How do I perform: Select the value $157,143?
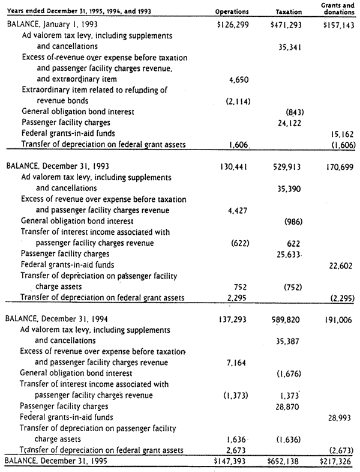[339, 26]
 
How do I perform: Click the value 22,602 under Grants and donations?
[343, 265]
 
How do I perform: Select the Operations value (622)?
[240, 243]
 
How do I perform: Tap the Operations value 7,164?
[239, 363]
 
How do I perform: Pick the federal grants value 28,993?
[343, 416]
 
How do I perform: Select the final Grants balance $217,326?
[339, 461]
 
